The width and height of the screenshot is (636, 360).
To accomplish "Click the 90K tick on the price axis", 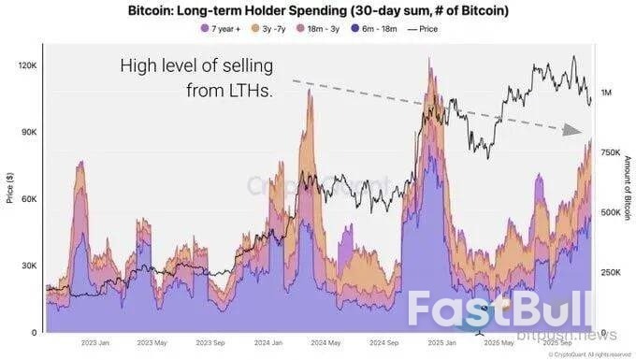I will pos(27,133).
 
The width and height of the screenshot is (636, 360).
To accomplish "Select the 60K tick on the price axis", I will pos(27,199).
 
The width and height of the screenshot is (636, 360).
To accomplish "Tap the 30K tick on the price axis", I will pos(27,266).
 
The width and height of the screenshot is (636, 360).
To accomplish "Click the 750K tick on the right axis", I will pos(609,152).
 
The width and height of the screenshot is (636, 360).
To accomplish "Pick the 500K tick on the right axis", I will pos(609,212).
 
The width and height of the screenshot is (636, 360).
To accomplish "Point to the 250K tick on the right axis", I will pos(609,272).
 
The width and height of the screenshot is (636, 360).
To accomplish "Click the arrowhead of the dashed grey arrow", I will pos(573,131).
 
